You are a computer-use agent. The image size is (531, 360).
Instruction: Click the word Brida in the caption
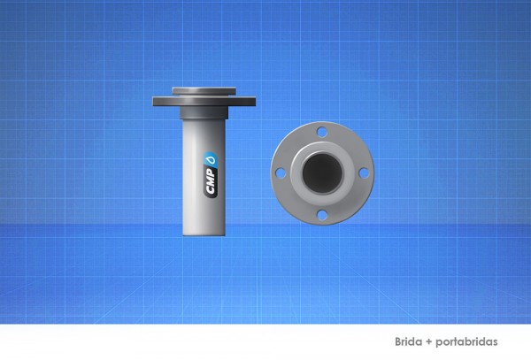pos(409,341)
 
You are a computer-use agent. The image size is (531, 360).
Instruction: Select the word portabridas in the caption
pos(466,341)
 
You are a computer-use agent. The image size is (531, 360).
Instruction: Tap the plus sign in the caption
pos(429,341)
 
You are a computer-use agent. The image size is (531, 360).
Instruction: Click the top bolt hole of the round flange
pos(322,133)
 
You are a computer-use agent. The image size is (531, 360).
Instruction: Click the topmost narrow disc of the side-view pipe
pos(204,90)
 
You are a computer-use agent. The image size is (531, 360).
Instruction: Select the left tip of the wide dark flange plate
pos(154,102)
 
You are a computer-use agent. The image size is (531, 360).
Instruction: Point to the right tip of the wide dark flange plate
pos(253,102)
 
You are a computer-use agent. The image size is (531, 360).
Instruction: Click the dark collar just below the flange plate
pos(204,113)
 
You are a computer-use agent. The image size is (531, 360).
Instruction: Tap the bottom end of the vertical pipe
pos(204,232)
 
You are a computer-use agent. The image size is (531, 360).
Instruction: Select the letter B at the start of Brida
pos(399,341)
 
